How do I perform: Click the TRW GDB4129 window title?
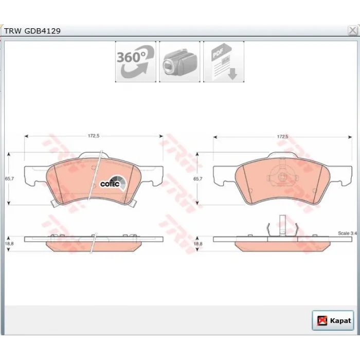[32, 31]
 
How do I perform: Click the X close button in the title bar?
[352, 30]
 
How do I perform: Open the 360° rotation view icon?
[136, 62]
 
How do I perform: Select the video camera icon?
[179, 62]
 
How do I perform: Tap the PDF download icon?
[224, 62]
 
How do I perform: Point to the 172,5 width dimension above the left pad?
[94, 136]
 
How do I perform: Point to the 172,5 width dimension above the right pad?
[283, 137]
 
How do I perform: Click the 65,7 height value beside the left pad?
[9, 178]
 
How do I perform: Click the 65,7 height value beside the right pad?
[198, 178]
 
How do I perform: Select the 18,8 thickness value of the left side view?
[9, 244]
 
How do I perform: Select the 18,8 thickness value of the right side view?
[198, 244]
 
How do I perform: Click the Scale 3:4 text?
[347, 233]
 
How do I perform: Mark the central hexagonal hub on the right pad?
[282, 177]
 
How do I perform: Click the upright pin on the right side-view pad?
[282, 225]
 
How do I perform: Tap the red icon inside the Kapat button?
[322, 321]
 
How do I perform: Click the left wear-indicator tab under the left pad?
[55, 203]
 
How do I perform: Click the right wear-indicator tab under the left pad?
[132, 203]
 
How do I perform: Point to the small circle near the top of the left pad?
[94, 168]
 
